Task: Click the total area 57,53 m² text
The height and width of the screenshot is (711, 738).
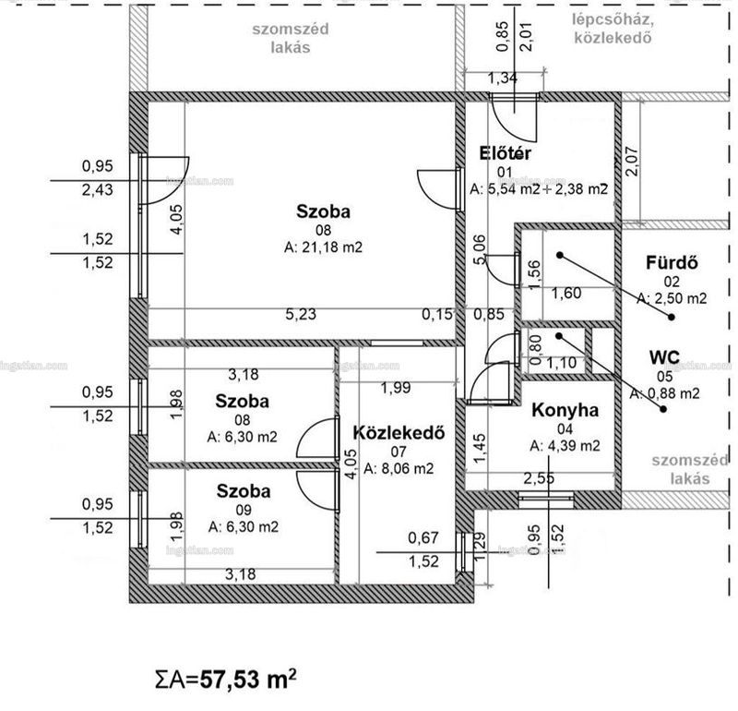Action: [226, 680]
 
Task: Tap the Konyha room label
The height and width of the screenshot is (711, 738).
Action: [565, 410]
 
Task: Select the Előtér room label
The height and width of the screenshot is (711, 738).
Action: [505, 153]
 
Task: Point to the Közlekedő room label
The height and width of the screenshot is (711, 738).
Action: [399, 433]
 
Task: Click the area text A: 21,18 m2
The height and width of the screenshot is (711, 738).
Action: [324, 247]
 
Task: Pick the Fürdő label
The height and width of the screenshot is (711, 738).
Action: [672, 263]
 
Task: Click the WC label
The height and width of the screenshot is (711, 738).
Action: [664, 357]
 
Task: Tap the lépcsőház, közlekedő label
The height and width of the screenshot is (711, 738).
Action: [613, 29]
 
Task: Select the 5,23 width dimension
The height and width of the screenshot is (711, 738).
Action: [301, 314]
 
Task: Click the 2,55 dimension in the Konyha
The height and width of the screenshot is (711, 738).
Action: [539, 478]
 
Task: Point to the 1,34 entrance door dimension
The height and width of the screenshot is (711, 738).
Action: [502, 78]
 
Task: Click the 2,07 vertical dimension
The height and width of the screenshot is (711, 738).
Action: [632, 163]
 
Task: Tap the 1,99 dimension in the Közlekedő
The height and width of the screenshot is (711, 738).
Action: [396, 388]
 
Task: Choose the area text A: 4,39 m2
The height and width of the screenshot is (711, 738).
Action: [565, 446]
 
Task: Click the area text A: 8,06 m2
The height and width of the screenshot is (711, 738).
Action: [399, 469]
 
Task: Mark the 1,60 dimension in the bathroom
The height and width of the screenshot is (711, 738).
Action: [566, 294]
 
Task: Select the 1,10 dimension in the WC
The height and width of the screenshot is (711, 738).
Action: [561, 363]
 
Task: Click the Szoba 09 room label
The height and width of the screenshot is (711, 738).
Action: [244, 500]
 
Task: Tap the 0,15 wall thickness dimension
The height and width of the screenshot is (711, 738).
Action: [437, 314]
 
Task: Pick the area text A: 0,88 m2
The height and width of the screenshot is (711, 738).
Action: [664, 394]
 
